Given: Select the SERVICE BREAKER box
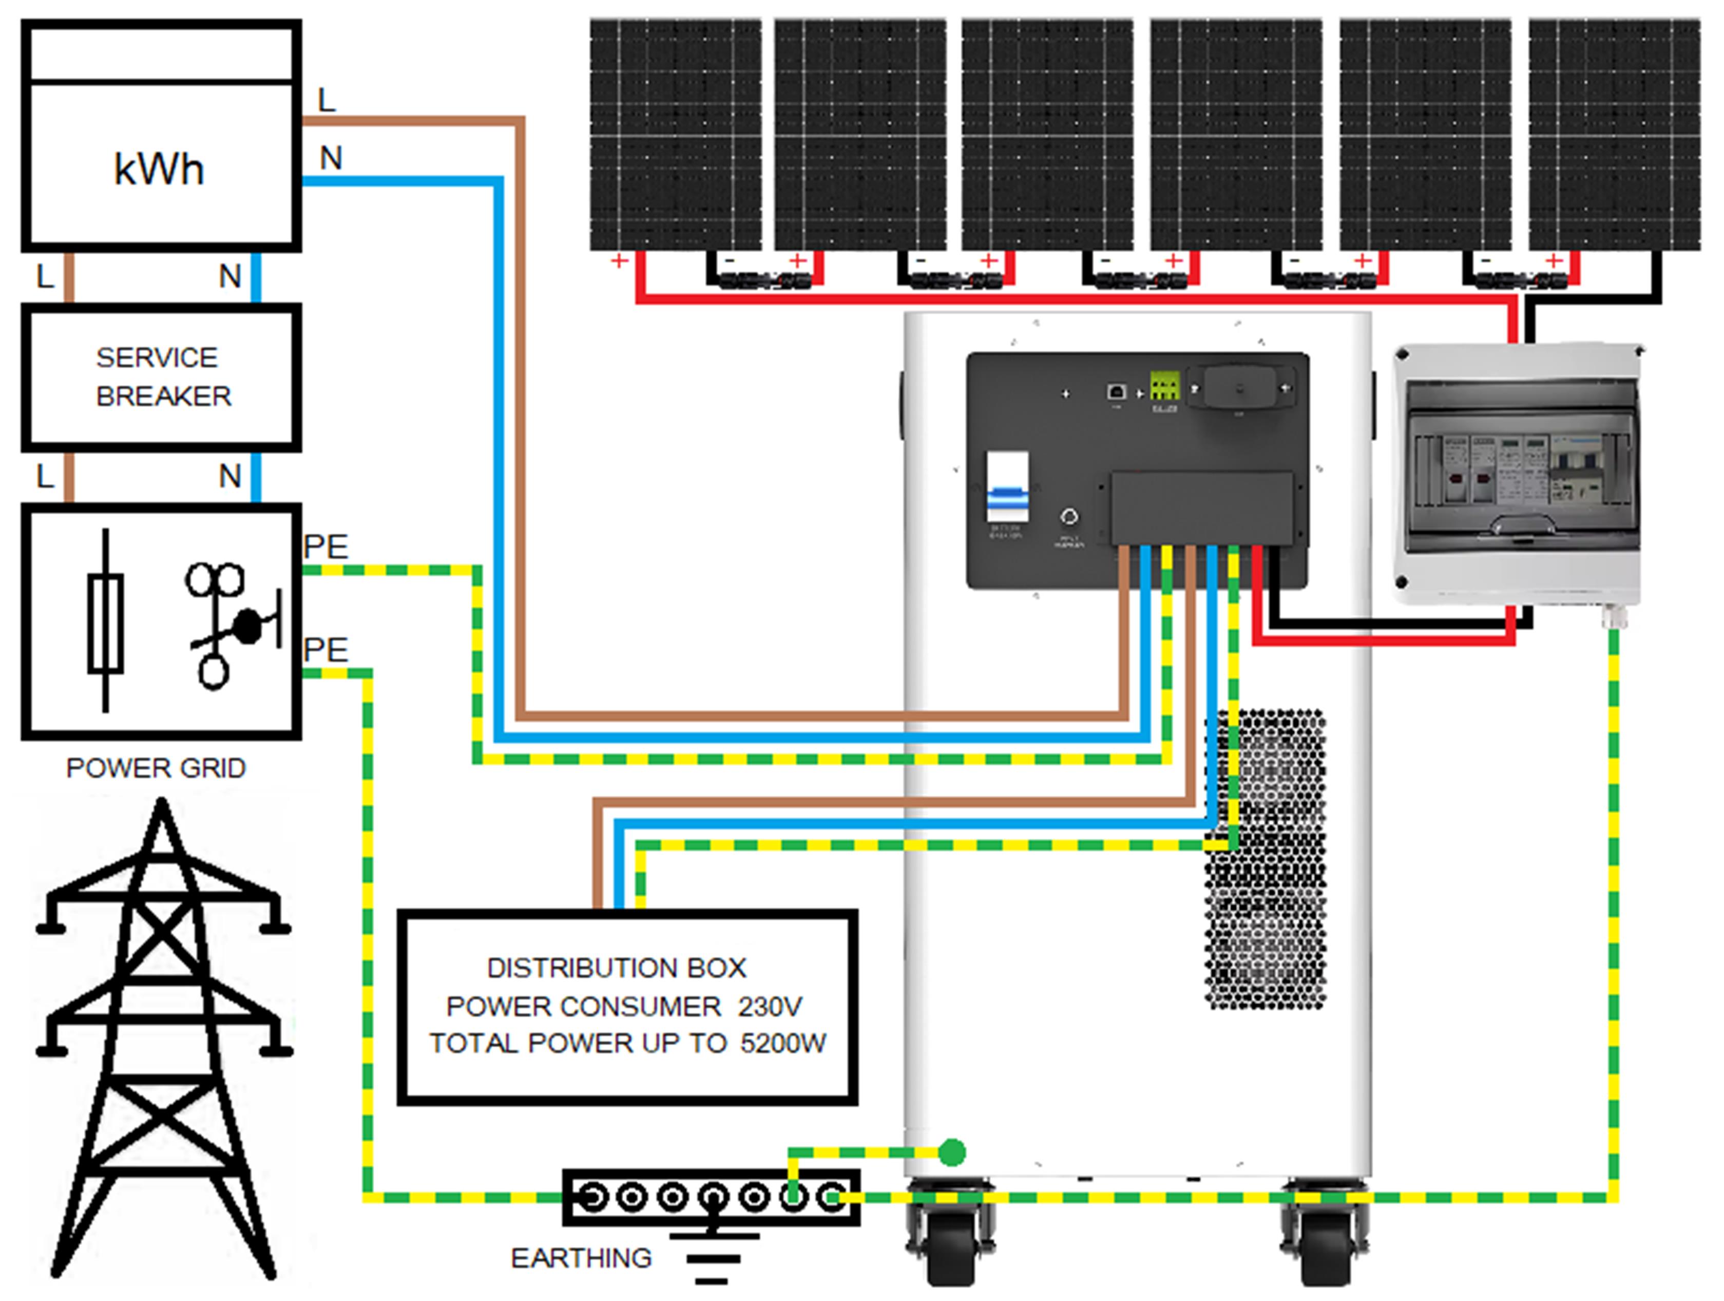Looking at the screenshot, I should (x=161, y=378).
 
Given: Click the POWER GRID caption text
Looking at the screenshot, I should (x=156, y=768).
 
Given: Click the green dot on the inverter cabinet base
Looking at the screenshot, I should (x=952, y=1152).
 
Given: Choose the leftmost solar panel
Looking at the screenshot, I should (x=675, y=134).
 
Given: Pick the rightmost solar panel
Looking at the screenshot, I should (x=1614, y=134).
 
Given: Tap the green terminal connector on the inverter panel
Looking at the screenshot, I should (x=1164, y=386).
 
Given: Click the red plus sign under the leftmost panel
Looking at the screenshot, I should (x=620, y=260).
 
